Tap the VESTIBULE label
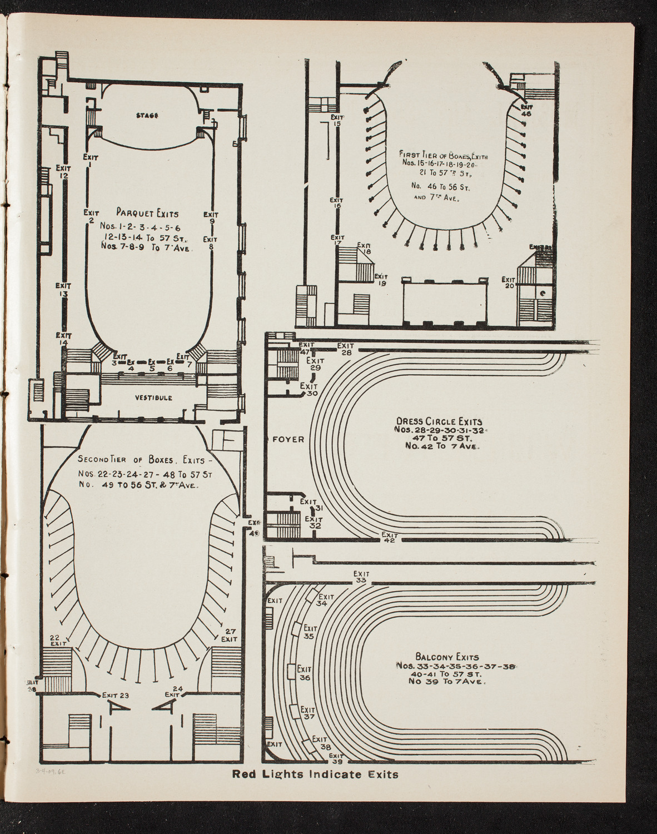tap(153, 398)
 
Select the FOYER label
tap(288, 439)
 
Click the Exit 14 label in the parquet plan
tap(63, 339)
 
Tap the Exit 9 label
tap(211, 217)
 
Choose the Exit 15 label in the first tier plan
tap(336, 120)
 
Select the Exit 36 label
tap(304, 673)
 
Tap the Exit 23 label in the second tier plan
tap(116, 694)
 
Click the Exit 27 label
tap(230, 635)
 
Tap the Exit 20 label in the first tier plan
tap(508, 283)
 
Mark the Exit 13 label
tap(63, 290)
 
